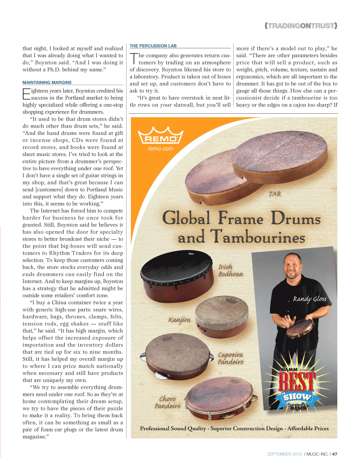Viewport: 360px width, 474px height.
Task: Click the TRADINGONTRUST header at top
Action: coord(301,26)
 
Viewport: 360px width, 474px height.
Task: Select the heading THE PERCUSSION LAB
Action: coord(153,46)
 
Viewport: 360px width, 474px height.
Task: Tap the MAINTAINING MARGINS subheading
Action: coord(47,82)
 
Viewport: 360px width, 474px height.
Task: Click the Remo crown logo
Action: coord(161,136)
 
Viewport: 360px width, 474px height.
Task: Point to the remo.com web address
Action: coord(161,149)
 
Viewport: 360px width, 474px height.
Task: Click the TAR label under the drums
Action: coord(275,194)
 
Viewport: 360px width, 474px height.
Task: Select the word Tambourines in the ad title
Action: coord(257,237)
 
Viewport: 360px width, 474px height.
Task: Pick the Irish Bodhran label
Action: coord(230,270)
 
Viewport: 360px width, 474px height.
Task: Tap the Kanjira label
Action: coord(179,320)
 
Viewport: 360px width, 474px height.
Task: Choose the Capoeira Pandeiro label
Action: coord(231,358)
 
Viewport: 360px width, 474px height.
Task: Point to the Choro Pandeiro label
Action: coord(168,402)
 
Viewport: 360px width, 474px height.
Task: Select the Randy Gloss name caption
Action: coord(310,299)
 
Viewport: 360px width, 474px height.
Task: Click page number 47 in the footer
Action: coord(335,454)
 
